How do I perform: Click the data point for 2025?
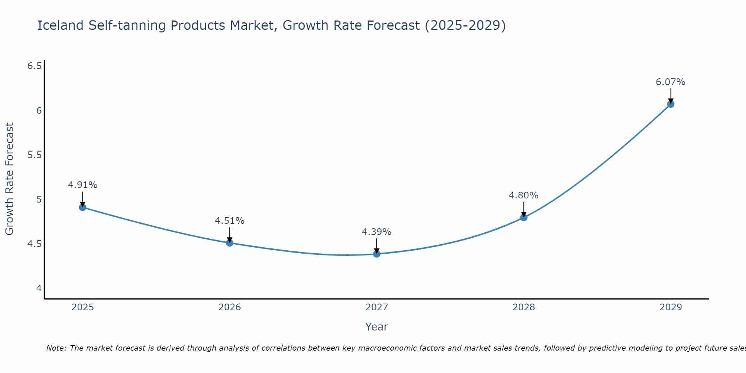point(83,207)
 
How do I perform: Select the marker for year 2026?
point(230,243)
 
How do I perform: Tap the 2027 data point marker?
point(377,254)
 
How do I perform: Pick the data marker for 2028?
point(524,217)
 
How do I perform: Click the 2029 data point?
point(671,104)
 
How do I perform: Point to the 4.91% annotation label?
point(83,185)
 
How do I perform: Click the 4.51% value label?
point(230,221)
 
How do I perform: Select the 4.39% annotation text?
point(377,232)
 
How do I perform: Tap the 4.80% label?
point(524,195)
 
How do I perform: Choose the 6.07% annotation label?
point(671,82)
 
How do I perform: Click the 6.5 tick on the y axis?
point(34,66)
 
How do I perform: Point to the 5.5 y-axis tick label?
point(34,155)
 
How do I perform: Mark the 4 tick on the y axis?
point(39,288)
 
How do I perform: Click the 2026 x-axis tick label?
point(230,307)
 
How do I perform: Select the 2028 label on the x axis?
point(524,307)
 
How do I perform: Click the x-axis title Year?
point(377,327)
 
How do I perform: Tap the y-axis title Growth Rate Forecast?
point(10,179)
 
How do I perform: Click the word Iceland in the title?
point(60,26)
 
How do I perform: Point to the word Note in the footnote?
point(56,348)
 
